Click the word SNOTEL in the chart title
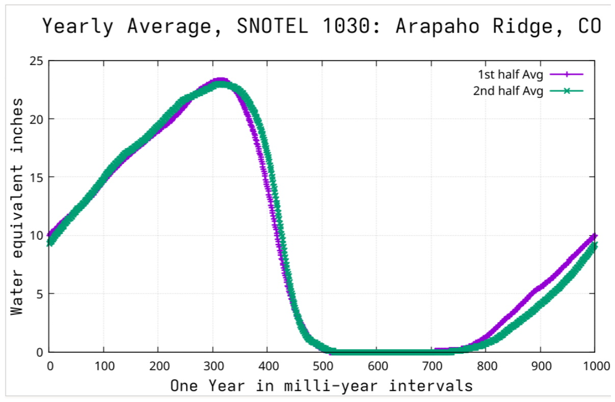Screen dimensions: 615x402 coord(272,26)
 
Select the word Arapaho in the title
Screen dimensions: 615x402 coord(438,26)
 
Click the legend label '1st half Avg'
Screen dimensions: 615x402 coord(511,75)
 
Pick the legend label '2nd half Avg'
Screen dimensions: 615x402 coord(508,91)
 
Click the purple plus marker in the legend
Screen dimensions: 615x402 coord(567,74)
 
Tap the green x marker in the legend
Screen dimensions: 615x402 coord(567,91)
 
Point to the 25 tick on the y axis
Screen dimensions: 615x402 coord(36,61)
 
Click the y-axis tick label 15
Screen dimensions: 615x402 coord(36,178)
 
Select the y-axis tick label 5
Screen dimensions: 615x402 coord(40,294)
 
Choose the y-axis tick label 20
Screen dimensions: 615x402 coord(36,119)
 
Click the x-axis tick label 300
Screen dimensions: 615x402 coord(213,366)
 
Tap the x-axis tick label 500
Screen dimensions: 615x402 coord(323,366)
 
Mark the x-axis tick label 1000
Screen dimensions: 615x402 coord(596,366)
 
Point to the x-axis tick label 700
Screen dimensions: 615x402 coord(432,366)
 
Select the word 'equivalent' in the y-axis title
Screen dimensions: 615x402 coord(17,211)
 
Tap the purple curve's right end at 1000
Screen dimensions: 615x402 coord(595,236)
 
